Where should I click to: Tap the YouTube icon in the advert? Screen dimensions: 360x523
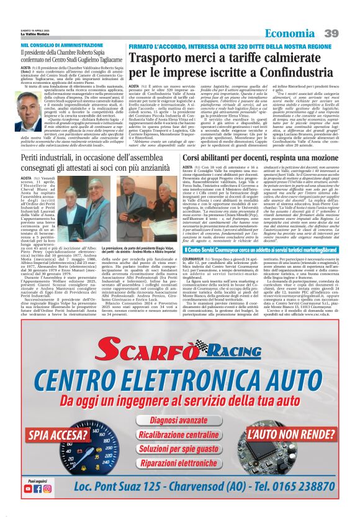pyautogui.click(x=27, y=506)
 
